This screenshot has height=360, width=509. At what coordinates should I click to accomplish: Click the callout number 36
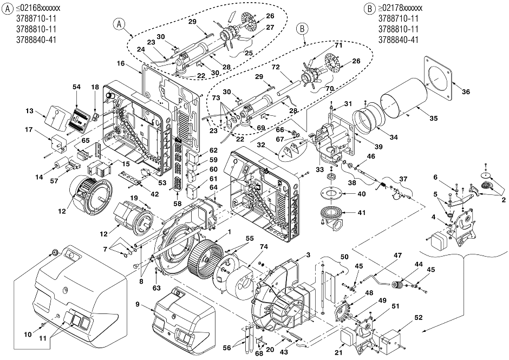point(466,92)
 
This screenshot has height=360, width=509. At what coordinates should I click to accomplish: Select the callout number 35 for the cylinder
point(433,119)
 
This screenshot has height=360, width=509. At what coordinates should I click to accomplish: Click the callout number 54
point(76,87)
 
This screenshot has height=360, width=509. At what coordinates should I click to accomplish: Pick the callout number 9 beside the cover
point(138,304)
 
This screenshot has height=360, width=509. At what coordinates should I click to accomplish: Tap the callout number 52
point(419,317)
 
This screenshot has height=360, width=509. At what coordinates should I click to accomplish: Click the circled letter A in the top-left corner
point(7,9)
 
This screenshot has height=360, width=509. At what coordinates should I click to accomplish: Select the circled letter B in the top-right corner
point(369,9)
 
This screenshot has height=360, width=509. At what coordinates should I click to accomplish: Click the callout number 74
point(264,247)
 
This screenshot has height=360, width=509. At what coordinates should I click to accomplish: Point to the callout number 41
point(361,213)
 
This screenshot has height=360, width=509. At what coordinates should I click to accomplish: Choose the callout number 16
point(121,63)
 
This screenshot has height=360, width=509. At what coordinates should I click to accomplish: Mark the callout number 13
point(30,111)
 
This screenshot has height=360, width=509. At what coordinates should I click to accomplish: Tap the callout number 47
point(397,255)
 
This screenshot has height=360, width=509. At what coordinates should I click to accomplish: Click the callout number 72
point(276,67)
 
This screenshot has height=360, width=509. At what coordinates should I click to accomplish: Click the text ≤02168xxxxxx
point(38,8)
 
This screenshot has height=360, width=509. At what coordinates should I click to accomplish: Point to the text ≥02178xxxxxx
point(400,8)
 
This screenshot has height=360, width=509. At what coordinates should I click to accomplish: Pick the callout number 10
point(28,334)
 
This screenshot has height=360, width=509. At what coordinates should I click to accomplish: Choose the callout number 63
point(157,288)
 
